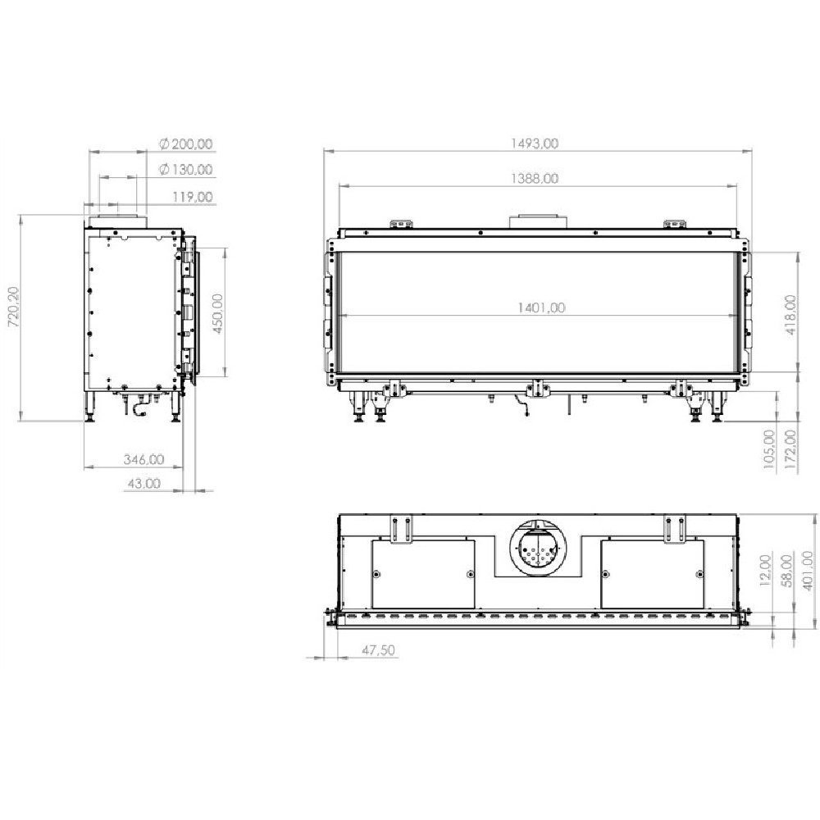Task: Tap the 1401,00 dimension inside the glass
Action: click(x=541, y=308)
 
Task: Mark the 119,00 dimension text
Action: click(x=193, y=196)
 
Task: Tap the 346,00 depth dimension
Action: click(x=143, y=459)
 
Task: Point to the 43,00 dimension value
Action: click(x=143, y=483)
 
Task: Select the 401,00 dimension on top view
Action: click(x=808, y=571)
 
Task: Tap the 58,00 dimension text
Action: click(x=786, y=571)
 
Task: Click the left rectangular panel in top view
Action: click(x=423, y=573)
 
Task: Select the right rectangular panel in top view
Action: click(x=652, y=573)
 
